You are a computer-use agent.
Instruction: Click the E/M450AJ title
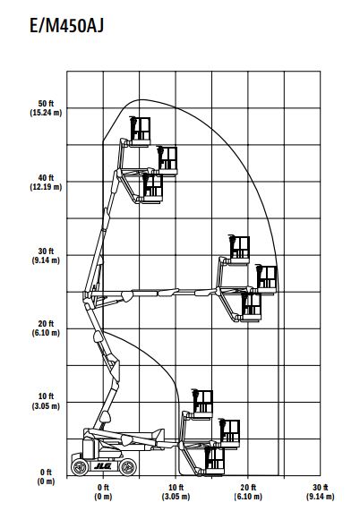point(67,26)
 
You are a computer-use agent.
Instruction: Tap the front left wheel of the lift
point(80,467)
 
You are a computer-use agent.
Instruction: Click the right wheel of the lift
point(128,467)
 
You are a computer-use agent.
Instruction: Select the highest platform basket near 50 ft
point(140,132)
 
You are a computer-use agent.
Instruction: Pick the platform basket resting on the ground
point(214,460)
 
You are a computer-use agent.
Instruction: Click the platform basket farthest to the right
point(267,279)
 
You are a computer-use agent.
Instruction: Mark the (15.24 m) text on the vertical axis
point(46,113)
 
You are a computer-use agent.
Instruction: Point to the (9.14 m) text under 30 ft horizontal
point(321,497)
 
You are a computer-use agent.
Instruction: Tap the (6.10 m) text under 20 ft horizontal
point(248,497)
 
